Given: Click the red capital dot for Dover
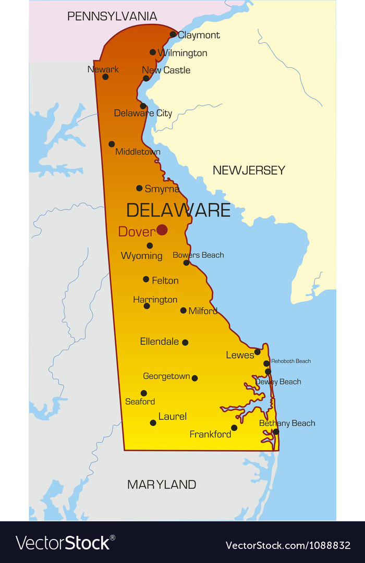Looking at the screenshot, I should tap(162, 230).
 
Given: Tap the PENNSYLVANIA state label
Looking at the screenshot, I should tap(112, 16).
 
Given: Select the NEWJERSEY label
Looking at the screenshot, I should tap(249, 170).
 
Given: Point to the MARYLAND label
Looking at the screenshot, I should tap(162, 484).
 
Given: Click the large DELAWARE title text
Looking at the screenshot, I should tap(178, 210).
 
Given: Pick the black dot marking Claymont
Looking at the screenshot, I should tap(173, 34).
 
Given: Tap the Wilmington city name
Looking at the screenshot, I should tap(182, 53).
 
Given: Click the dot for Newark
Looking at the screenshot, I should tap(105, 77).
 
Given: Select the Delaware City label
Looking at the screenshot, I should tap(143, 113).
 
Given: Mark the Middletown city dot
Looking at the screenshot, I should tap(112, 144).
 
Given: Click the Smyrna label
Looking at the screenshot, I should tap(162, 189).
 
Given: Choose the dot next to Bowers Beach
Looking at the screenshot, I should tap(186, 263).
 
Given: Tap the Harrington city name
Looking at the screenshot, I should tap(155, 300).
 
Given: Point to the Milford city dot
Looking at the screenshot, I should tap(184, 310).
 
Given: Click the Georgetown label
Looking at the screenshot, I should tap(166, 376).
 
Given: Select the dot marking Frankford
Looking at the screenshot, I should tap(234, 428).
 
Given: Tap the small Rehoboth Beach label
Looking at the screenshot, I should tap(291, 361).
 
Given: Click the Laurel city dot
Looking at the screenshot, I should tap(153, 423).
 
